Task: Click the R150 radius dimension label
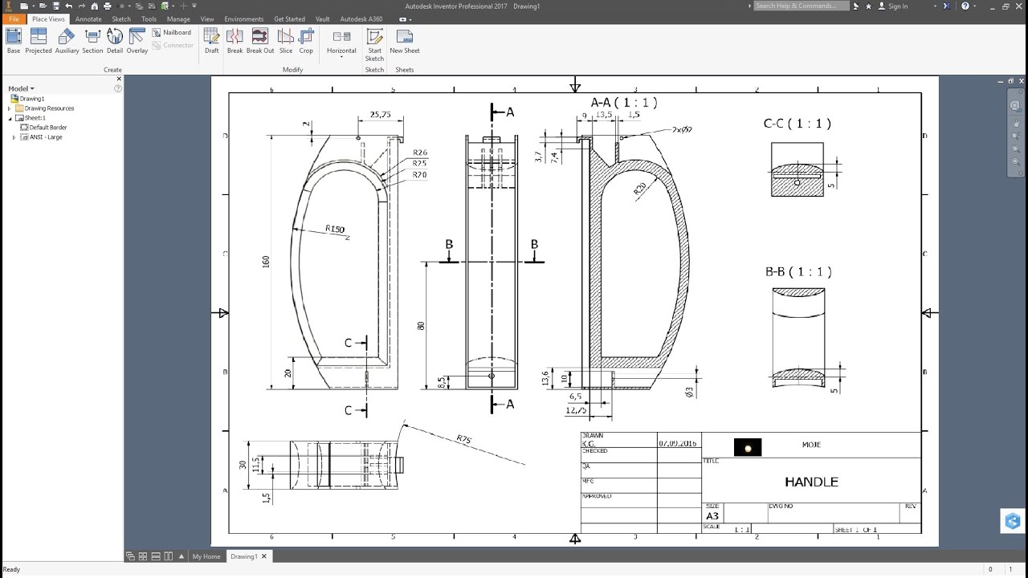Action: pos(335,230)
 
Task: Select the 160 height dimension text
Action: pos(266,262)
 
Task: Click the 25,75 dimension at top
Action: pos(380,115)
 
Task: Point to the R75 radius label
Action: pos(464,439)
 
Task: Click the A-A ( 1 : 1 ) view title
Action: pos(624,103)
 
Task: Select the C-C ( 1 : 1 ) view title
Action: pos(797,124)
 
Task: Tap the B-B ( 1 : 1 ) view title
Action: pos(798,272)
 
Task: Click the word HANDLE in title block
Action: pos(811,482)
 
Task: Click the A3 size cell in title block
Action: pos(712,516)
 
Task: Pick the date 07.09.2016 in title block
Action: pos(679,443)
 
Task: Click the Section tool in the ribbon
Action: pos(92,41)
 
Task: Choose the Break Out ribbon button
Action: pos(260,41)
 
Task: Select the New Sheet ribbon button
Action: pos(405,41)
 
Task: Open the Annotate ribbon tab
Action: pos(88,18)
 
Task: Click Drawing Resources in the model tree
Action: pos(49,108)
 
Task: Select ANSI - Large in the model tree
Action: pos(45,137)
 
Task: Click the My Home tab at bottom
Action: pos(206,556)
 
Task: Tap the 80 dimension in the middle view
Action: pos(421,326)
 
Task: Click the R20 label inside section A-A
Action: pos(640,189)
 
